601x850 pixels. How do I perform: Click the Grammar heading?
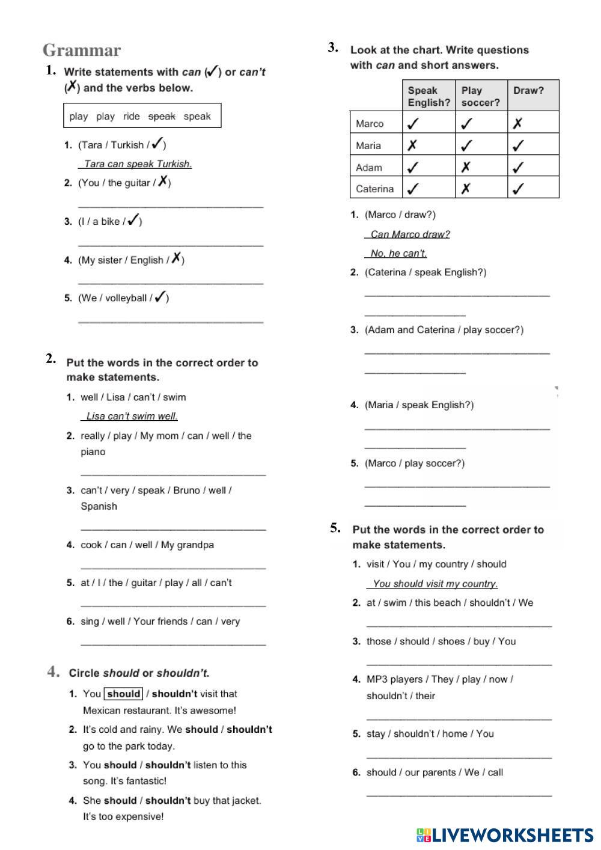click(x=82, y=50)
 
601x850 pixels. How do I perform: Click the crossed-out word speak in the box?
click(x=162, y=116)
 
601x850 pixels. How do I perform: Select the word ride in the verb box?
click(x=131, y=116)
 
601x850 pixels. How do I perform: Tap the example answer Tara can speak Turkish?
click(x=138, y=164)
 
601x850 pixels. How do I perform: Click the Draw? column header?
click(x=528, y=90)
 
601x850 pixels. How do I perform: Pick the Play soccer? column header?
click(x=480, y=96)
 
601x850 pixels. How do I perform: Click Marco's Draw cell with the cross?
click(x=517, y=123)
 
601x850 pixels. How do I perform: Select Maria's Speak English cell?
click(x=412, y=145)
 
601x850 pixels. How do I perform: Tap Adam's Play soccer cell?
click(x=466, y=167)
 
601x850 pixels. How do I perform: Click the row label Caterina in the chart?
click(x=374, y=189)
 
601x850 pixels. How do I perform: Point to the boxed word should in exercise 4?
click(x=123, y=694)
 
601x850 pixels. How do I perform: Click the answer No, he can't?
click(x=398, y=253)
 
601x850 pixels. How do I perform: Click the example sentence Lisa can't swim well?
click(x=132, y=416)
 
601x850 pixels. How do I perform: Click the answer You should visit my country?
click(x=435, y=583)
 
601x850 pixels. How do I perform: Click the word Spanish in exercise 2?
click(x=99, y=506)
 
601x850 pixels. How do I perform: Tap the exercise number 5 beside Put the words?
click(x=335, y=528)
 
